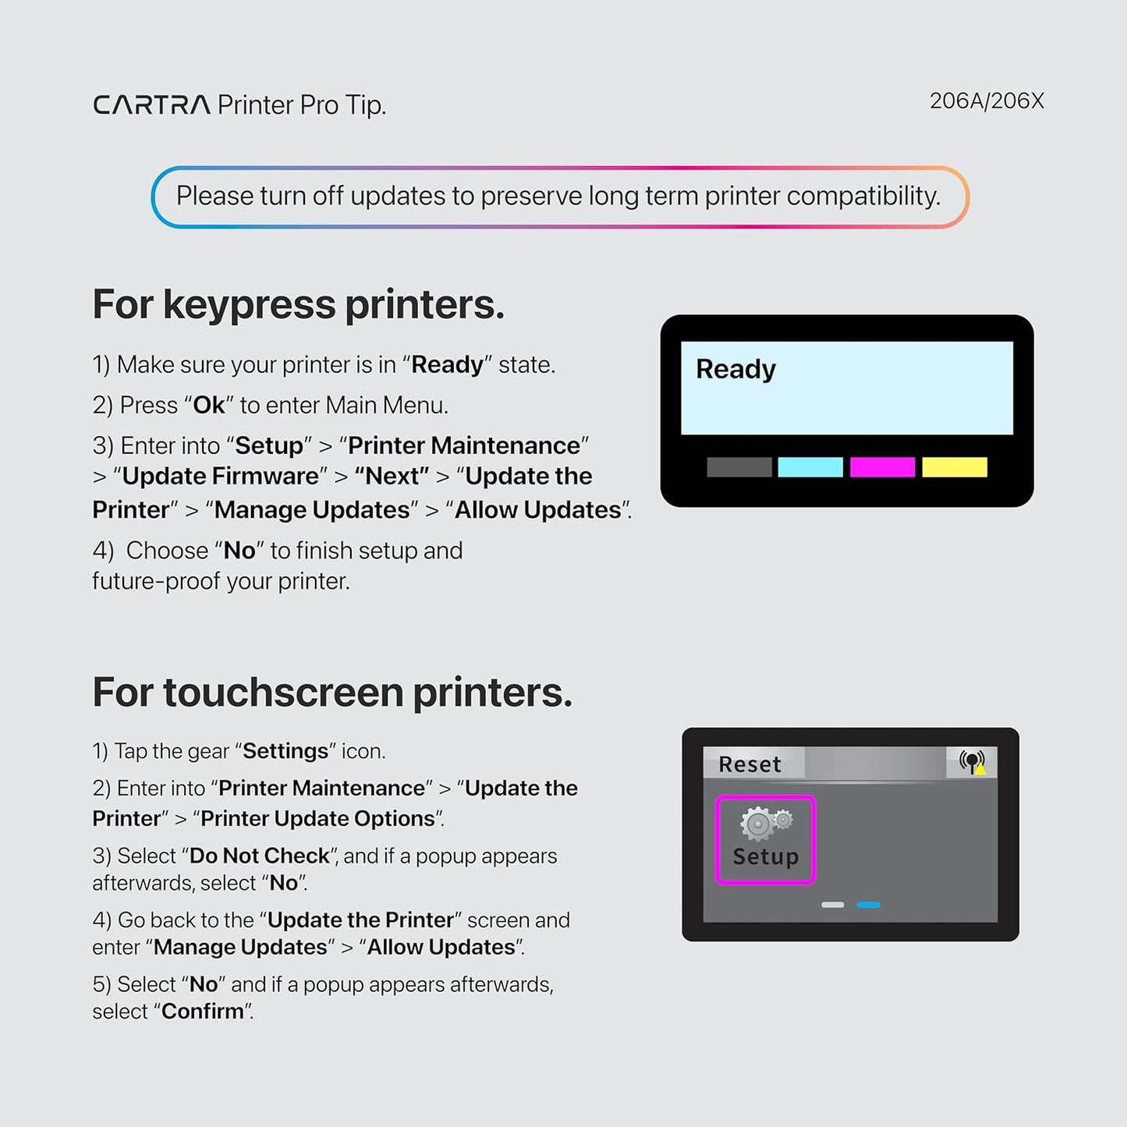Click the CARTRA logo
click(x=151, y=105)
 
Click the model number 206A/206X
click(x=986, y=101)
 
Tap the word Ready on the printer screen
click(x=735, y=369)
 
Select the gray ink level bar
click(x=739, y=467)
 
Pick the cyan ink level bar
click(x=810, y=467)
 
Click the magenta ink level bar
click(x=882, y=467)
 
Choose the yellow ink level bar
click(x=954, y=467)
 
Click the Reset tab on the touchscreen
click(x=750, y=764)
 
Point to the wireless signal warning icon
click(x=972, y=762)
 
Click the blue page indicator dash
click(x=868, y=905)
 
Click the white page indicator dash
click(x=832, y=905)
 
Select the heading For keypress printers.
click(x=298, y=304)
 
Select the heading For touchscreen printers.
click(x=332, y=693)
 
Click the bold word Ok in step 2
click(x=208, y=406)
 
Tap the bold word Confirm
click(x=203, y=1012)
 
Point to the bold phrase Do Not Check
click(x=259, y=856)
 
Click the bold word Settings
click(x=285, y=751)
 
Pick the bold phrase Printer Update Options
click(x=317, y=818)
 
